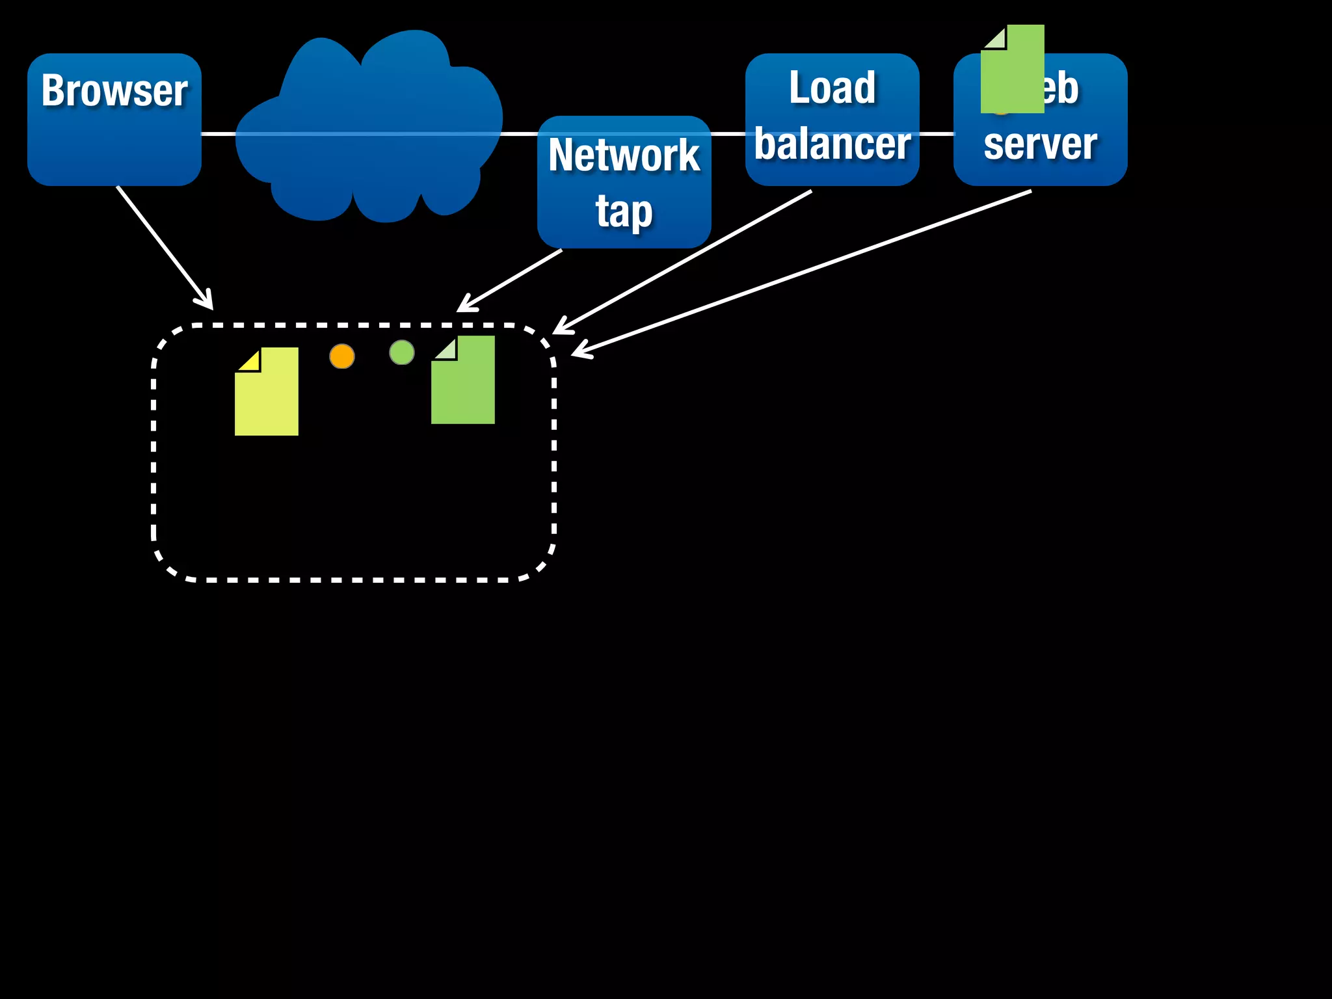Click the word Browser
[x=114, y=91]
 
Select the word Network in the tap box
[x=624, y=156]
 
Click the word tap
[x=624, y=212]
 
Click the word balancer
[x=832, y=144]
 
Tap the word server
[x=1040, y=144]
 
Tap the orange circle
[x=342, y=356]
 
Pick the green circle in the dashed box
[x=402, y=353]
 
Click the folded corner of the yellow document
[x=250, y=361]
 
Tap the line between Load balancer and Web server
[x=937, y=134]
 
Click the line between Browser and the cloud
[x=218, y=134]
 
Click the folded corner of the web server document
[x=996, y=38]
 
